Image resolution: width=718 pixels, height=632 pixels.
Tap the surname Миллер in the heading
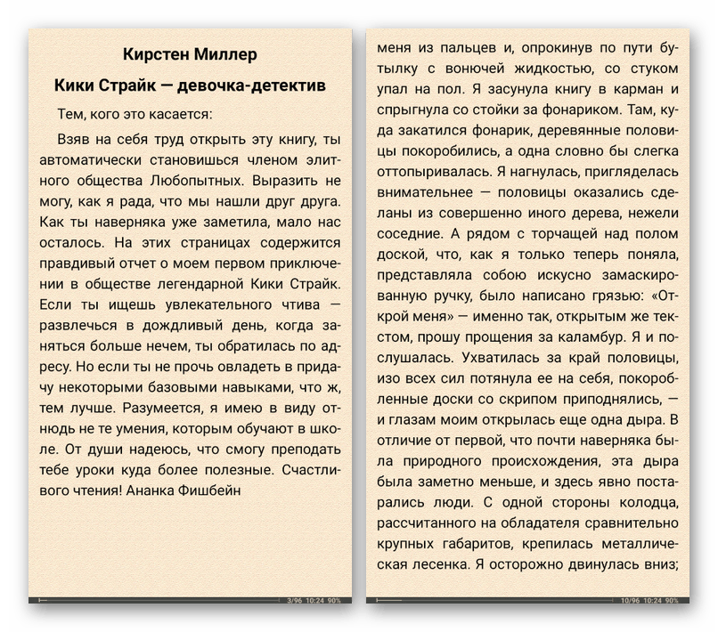click(225, 55)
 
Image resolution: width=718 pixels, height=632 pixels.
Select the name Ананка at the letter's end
click(157, 490)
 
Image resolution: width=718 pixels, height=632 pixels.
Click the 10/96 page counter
click(631, 601)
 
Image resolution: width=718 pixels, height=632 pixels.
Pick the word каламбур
click(584, 337)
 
